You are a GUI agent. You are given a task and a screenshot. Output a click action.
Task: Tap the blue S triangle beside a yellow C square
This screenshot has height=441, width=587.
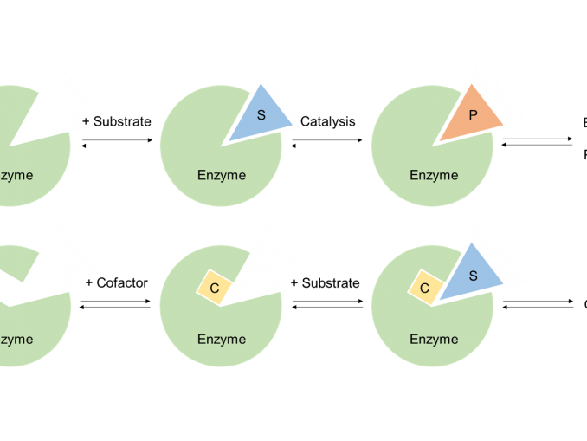click(473, 276)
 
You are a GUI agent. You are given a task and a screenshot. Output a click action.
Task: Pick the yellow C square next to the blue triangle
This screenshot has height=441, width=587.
click(425, 288)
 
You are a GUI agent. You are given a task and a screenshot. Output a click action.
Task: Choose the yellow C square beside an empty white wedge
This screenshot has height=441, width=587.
click(214, 288)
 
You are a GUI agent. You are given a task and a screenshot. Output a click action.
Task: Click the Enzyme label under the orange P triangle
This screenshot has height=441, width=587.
click(434, 175)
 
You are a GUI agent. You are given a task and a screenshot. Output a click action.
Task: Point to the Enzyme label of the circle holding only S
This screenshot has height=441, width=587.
click(222, 175)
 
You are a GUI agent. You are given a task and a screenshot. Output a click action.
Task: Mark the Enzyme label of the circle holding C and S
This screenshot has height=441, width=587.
click(434, 339)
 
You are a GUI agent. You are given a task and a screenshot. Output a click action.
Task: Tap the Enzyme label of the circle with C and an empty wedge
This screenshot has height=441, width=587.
click(222, 339)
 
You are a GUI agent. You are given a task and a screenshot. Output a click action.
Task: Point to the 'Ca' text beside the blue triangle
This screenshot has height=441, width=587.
click(307, 121)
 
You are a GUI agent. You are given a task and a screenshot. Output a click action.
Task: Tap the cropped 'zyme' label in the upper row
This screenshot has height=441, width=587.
click(16, 175)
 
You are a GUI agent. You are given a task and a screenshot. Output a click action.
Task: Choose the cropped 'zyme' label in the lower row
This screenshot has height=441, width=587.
click(16, 339)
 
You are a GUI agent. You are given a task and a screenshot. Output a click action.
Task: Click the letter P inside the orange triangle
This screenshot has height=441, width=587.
click(473, 115)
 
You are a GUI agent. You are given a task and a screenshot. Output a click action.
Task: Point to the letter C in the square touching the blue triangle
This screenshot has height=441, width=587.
click(425, 288)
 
